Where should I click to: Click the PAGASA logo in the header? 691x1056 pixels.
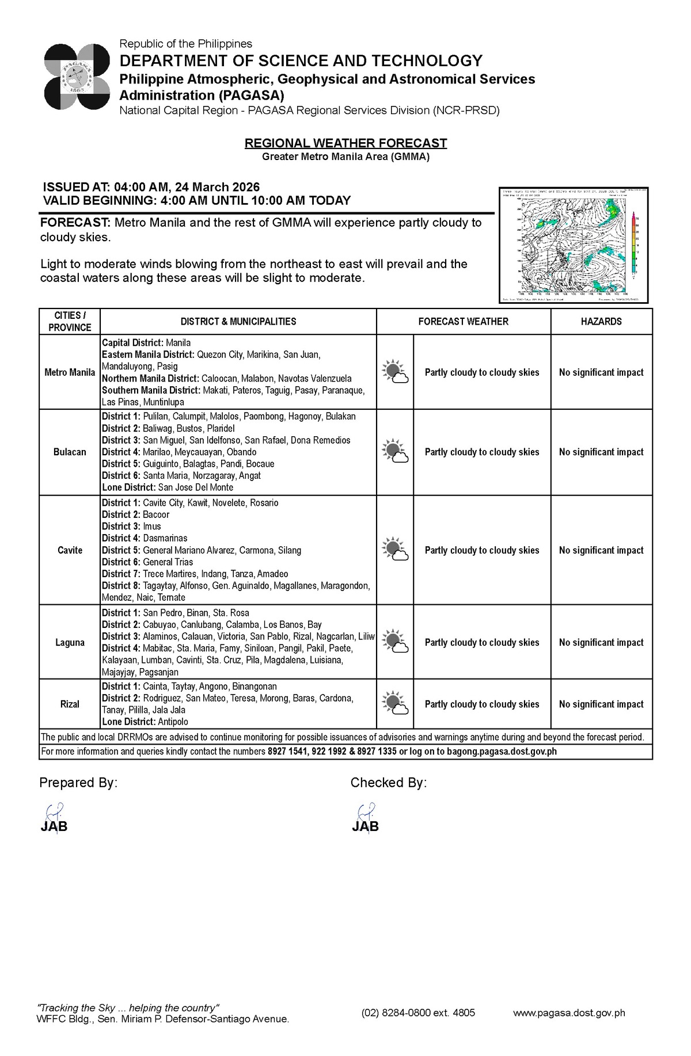77,77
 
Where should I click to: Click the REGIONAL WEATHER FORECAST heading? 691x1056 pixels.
345,143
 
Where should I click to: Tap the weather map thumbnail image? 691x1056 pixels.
574,245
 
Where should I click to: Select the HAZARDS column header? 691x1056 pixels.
601,322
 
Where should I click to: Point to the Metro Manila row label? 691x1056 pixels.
70,372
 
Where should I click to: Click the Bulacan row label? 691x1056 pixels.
70,452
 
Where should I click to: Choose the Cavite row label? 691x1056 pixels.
70,550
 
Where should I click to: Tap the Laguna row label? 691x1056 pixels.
70,642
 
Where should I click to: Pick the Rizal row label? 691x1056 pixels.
70,704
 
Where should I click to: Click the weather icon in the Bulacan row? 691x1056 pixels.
395,452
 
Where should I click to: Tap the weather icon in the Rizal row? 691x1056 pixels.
395,704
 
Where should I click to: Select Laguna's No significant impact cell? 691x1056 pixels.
601,642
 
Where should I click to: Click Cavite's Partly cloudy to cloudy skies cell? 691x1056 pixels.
482,550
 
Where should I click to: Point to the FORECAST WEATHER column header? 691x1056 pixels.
463,322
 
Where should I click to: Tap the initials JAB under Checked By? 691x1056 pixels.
366,827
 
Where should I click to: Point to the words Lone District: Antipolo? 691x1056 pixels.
145,722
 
